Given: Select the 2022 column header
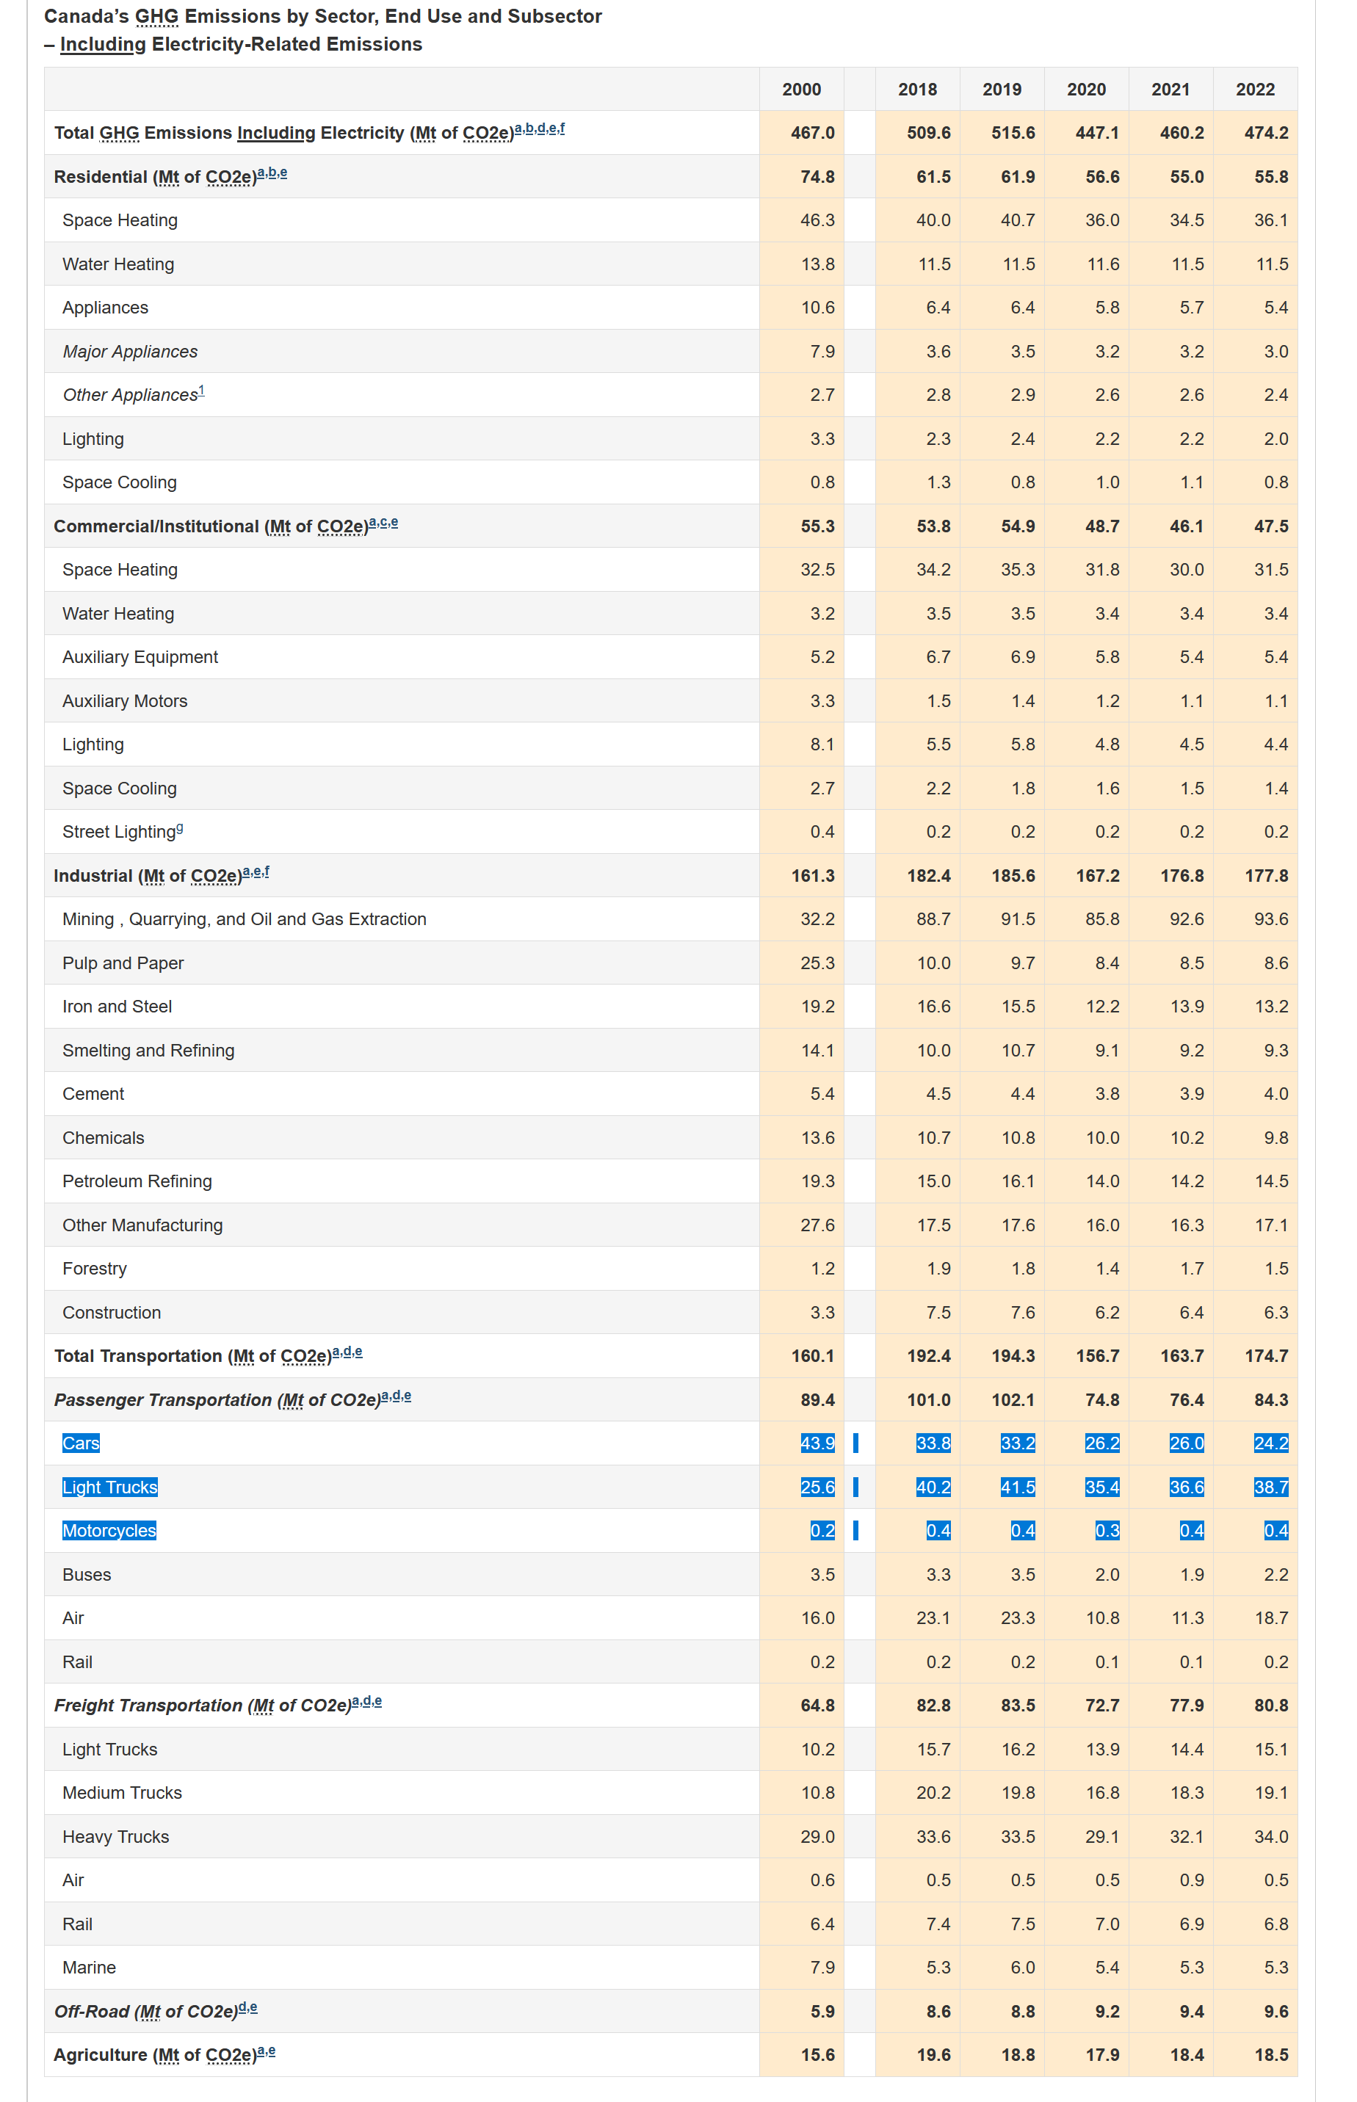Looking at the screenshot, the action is click(x=1255, y=89).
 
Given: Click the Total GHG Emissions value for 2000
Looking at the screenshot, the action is click(x=812, y=133).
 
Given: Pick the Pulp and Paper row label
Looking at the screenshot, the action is click(x=123, y=963).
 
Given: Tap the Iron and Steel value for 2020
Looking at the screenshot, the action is click(x=1102, y=1006).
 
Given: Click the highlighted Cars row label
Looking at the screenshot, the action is click(x=81, y=1443).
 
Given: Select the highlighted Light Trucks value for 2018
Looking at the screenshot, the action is click(x=933, y=1487).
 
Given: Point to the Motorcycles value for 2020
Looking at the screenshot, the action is click(x=1107, y=1530).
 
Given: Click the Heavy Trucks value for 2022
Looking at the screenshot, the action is click(x=1272, y=1837).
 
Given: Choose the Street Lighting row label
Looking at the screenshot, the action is click(x=123, y=831).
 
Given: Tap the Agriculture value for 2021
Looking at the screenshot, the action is click(x=1187, y=2054).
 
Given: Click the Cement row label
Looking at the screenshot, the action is click(x=93, y=1093).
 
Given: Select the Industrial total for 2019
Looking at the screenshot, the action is click(x=1013, y=876).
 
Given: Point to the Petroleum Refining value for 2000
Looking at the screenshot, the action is click(x=818, y=1181).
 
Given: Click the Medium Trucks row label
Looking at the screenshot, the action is click(x=123, y=1793).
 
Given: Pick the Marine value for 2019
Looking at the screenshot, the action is click(x=1023, y=1967).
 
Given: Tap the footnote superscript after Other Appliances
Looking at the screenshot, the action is click(x=202, y=391).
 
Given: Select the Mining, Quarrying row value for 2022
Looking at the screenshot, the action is click(x=1272, y=919).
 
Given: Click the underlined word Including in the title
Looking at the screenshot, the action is click(x=103, y=44).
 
